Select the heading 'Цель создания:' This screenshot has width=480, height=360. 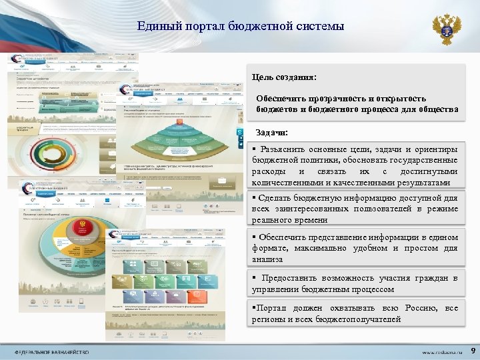tap(283, 78)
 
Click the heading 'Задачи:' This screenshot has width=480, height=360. tap(272, 133)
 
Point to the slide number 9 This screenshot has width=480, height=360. tap(472, 350)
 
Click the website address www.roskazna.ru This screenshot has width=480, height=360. tap(441, 351)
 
